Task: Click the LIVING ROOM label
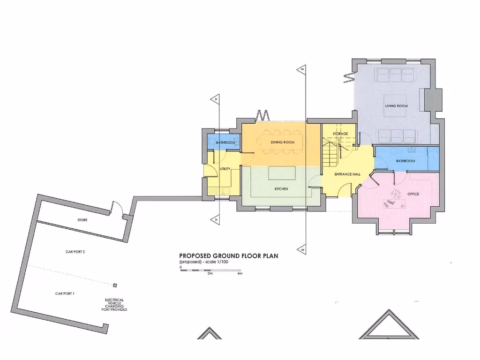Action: (x=396, y=106)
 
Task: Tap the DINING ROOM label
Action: (x=282, y=142)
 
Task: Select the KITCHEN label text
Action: (x=281, y=189)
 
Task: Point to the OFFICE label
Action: (x=413, y=194)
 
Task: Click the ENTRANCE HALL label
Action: (x=347, y=174)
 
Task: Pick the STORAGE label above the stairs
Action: (x=340, y=134)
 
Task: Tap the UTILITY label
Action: (x=225, y=169)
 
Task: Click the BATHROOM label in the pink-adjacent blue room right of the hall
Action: (x=405, y=161)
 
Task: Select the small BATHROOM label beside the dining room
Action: (x=225, y=142)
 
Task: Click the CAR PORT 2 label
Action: (x=75, y=252)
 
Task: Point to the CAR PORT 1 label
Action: (x=65, y=293)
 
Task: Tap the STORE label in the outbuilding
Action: (x=82, y=220)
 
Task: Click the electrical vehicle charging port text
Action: (x=114, y=305)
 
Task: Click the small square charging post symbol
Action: (x=115, y=285)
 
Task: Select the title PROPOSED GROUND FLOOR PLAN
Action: (x=229, y=255)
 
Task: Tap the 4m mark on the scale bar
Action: (x=240, y=273)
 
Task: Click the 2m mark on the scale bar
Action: (x=210, y=273)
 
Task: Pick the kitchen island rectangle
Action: (x=281, y=173)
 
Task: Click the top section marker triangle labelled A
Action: (x=215, y=99)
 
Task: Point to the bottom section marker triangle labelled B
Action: (x=303, y=250)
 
